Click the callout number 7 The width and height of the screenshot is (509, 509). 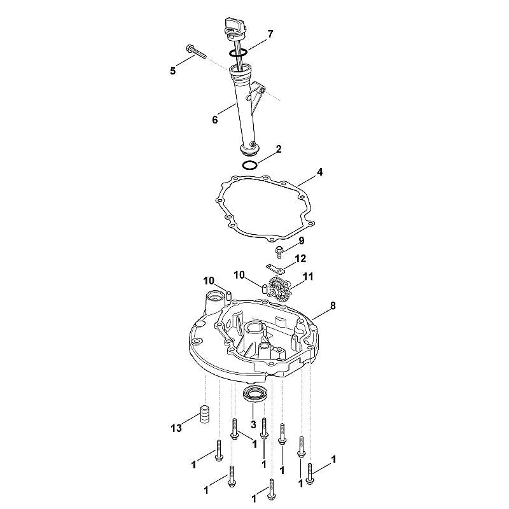coord(270,34)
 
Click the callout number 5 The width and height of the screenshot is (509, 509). coord(172,71)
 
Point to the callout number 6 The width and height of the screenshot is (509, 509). coord(215,120)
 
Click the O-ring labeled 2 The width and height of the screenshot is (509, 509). coord(250,165)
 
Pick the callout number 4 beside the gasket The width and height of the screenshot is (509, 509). coord(320,172)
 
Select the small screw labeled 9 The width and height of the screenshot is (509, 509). coord(279,252)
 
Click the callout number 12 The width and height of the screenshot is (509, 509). coord(300,258)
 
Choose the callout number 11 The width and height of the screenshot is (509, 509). coord(308,276)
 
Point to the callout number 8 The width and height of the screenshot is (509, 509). coord(333,305)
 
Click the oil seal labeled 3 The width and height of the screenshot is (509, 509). coord(256,393)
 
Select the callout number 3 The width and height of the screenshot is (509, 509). coord(253,424)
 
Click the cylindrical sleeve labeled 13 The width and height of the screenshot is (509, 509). coord(204,414)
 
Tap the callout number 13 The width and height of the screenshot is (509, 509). coord(176,428)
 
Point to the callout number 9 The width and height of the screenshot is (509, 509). coord(301,241)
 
